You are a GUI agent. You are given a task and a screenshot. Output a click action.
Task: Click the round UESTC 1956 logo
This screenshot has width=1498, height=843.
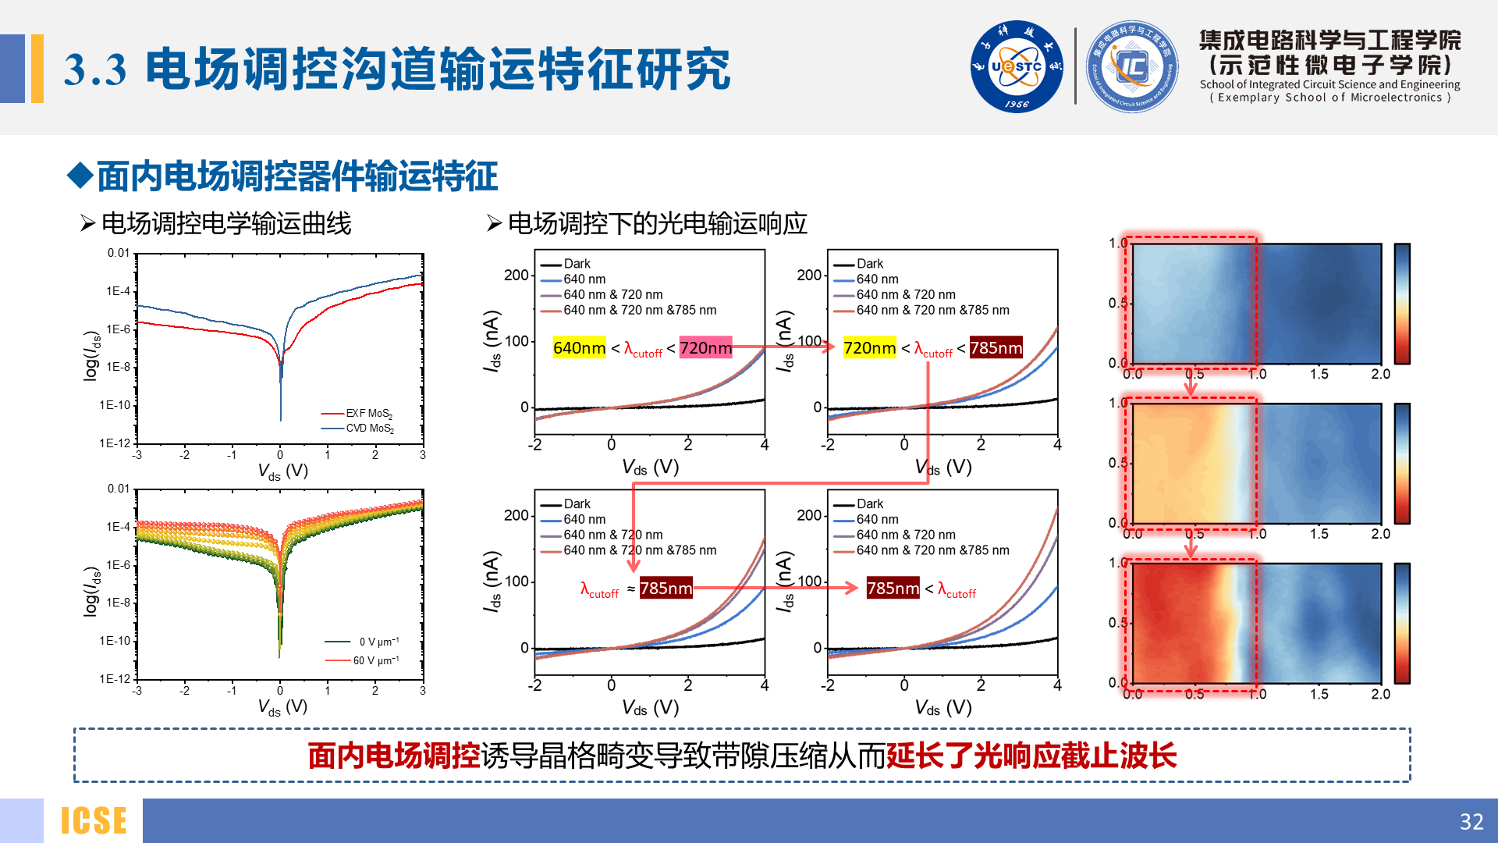[1016, 66]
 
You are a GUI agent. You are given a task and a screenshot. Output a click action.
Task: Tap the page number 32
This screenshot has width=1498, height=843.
[1471, 821]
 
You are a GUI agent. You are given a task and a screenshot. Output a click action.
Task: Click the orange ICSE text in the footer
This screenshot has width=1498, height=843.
[94, 821]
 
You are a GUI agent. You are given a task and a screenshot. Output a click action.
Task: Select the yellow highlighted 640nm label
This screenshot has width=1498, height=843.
[579, 348]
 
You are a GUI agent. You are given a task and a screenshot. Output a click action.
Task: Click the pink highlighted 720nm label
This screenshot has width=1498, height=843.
[705, 348]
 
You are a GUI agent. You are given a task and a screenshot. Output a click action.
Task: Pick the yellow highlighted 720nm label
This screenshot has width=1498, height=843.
[870, 348]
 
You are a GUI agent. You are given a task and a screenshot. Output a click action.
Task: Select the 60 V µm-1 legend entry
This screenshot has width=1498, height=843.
[375, 660]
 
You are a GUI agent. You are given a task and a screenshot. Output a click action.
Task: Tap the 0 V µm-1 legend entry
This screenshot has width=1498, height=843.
[378, 642]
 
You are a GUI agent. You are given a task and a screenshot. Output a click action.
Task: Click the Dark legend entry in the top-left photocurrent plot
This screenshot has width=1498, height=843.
[577, 264]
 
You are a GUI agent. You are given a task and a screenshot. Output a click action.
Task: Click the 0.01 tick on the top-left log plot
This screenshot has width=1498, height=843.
[119, 253]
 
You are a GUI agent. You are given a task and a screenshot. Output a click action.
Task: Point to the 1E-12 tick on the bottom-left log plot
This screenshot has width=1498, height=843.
[115, 679]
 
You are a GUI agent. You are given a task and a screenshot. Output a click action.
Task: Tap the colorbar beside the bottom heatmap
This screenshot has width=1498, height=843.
[1402, 623]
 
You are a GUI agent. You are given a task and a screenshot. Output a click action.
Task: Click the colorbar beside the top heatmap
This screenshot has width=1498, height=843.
[1402, 304]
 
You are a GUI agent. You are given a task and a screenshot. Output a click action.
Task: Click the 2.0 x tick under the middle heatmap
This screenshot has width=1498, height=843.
[1380, 534]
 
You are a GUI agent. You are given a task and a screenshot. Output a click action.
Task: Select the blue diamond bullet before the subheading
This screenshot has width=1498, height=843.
[80, 176]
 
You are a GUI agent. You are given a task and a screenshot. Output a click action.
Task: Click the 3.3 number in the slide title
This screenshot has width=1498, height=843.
[94, 70]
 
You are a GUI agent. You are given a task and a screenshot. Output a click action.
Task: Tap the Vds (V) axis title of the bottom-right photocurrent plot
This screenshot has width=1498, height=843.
[943, 708]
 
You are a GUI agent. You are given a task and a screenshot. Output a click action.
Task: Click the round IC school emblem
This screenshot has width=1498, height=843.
[1132, 66]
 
